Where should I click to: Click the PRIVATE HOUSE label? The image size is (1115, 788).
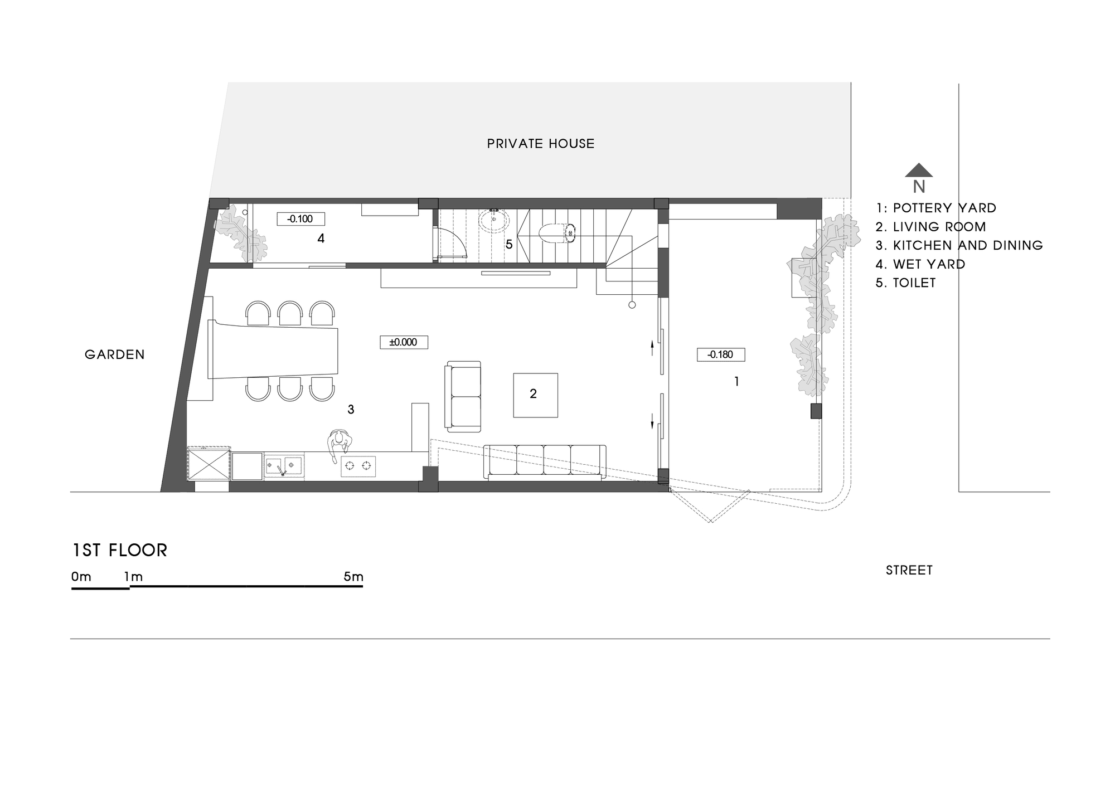point(540,144)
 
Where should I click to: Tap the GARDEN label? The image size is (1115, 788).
point(114,354)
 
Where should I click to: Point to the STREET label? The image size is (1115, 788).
point(909,570)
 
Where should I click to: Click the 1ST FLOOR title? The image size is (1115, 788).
point(120,551)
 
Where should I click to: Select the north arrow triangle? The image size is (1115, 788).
point(919,170)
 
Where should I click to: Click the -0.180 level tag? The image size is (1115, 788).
point(720,354)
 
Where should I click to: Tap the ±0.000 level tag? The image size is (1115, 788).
point(404,342)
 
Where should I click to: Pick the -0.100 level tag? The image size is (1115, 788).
point(300,219)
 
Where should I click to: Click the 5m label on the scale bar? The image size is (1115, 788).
point(353,577)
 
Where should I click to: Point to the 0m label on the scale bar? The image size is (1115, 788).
point(81,577)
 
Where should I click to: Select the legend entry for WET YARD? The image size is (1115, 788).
point(920,264)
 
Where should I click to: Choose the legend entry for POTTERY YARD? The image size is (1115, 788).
point(936,208)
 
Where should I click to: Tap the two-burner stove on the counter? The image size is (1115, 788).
point(358,466)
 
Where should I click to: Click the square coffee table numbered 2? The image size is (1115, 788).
point(535,395)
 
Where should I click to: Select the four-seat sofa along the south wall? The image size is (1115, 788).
point(544,462)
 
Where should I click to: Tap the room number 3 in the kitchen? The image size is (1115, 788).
point(351,410)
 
